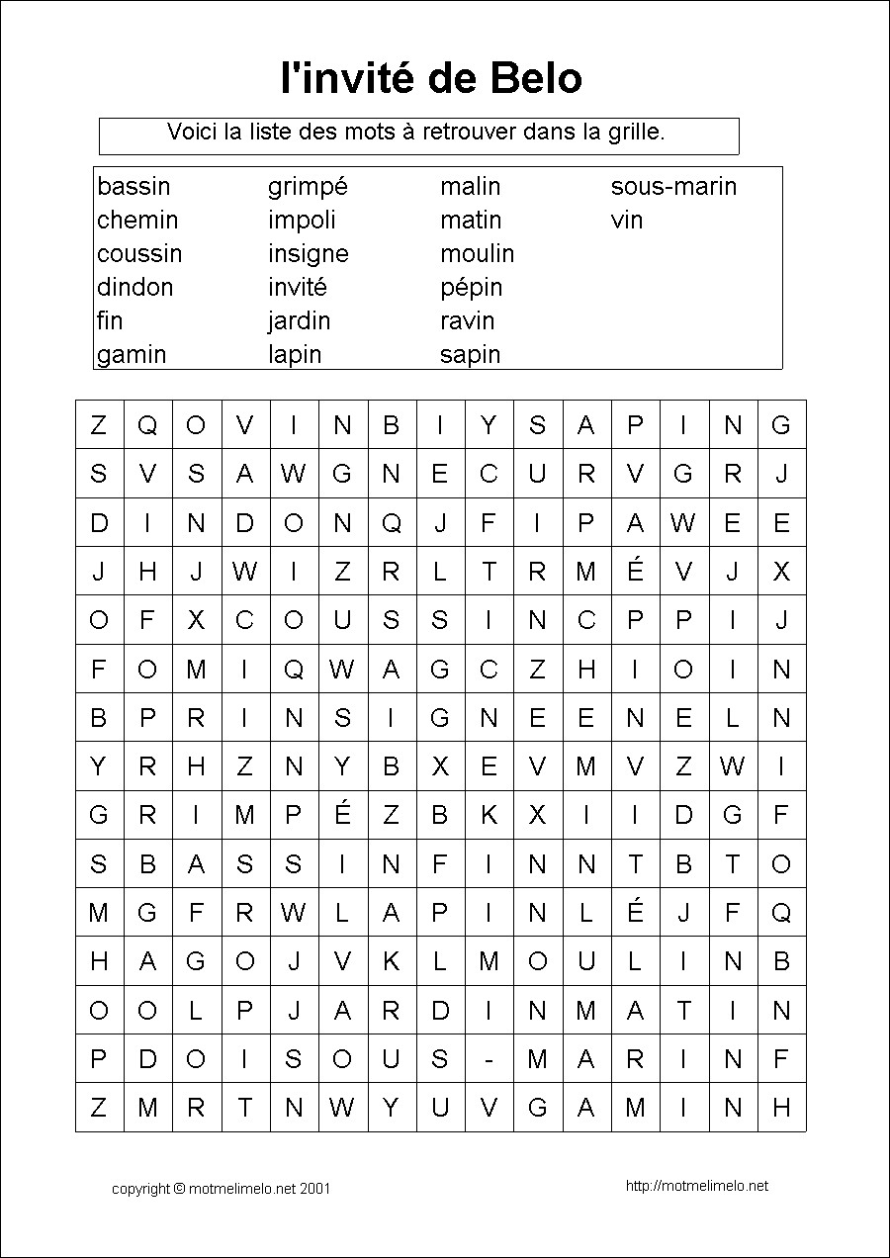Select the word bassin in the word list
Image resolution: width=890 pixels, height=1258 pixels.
coord(133,187)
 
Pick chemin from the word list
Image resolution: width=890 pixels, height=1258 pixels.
coord(137,221)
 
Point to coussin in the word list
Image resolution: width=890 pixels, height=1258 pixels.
coord(139,254)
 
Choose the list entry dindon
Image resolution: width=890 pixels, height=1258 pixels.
coord(134,288)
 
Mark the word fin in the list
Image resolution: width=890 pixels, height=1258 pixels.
coord(110,321)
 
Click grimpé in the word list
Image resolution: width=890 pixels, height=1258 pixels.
coord(308,187)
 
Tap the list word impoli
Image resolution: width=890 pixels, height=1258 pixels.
coord(302,221)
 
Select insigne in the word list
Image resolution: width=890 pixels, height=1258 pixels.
coord(308,254)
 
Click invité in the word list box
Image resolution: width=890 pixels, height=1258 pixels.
coord(297,288)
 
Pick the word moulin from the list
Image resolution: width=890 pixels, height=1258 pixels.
coord(477,254)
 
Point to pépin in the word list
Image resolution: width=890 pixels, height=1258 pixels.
coord(471,288)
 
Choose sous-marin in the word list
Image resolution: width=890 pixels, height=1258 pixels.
coord(673,187)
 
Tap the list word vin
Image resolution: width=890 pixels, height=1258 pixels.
coord(627,221)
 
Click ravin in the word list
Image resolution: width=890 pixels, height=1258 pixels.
coord(467,321)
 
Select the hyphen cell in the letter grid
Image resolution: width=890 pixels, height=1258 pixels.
coord(489,1059)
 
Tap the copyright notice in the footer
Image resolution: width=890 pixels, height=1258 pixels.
coord(221,1188)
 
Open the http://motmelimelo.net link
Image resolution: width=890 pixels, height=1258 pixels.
coord(697,1186)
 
